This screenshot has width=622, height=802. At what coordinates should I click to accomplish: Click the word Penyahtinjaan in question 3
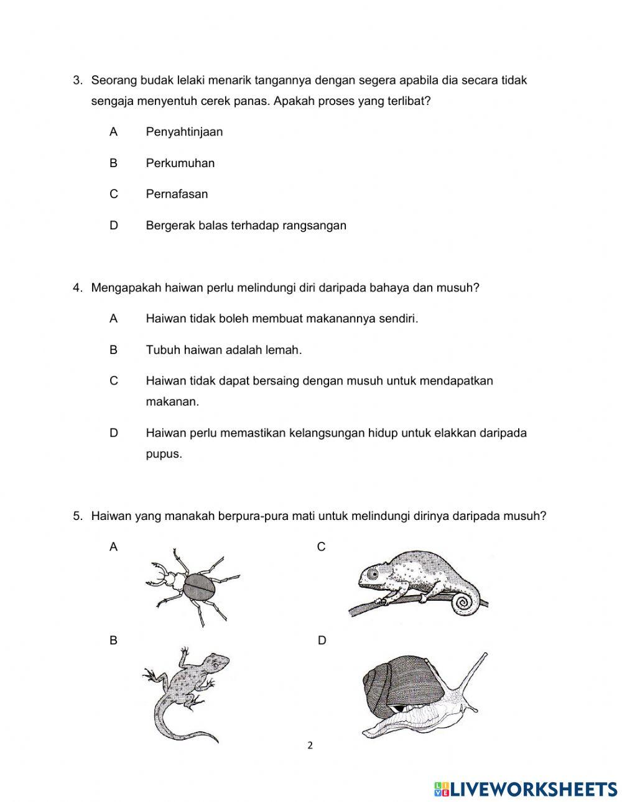pyautogui.click(x=184, y=132)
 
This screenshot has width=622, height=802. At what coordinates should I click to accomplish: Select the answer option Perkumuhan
pyautogui.click(x=180, y=163)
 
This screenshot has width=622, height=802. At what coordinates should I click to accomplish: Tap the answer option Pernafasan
pyautogui.click(x=177, y=194)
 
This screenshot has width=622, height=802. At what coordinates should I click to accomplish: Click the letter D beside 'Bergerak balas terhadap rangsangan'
pyautogui.click(x=113, y=226)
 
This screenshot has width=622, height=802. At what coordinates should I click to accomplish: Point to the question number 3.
pyautogui.click(x=77, y=80)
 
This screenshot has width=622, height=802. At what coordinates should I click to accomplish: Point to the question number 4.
pyautogui.click(x=77, y=288)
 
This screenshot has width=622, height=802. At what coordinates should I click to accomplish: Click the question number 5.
pyautogui.click(x=77, y=516)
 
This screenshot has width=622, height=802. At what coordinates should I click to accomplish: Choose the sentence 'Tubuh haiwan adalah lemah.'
pyautogui.click(x=223, y=350)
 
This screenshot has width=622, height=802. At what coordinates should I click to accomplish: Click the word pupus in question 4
pyautogui.click(x=164, y=453)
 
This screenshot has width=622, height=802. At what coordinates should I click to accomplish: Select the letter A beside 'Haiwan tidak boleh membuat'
pyautogui.click(x=113, y=319)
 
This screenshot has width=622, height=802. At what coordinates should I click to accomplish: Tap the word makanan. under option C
pyautogui.click(x=172, y=401)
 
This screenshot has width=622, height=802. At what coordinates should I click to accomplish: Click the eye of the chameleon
pyautogui.click(x=373, y=574)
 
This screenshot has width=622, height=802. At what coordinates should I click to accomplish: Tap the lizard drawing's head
pyautogui.click(x=218, y=661)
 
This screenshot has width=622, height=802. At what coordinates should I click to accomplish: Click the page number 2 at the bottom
pyautogui.click(x=310, y=745)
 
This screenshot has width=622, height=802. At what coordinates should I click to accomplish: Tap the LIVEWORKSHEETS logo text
pyautogui.click(x=532, y=789)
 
